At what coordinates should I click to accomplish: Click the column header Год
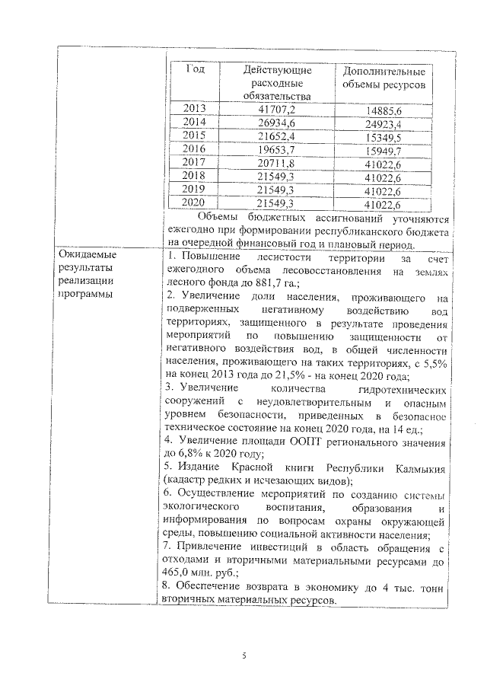click(196, 69)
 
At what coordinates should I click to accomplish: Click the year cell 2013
click(196, 108)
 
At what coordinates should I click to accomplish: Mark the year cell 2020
click(196, 203)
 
